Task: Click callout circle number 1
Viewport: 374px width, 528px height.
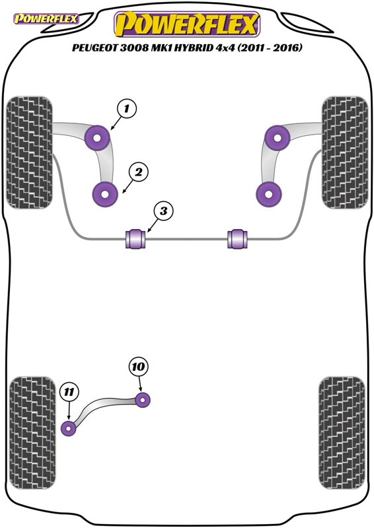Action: pos(126,109)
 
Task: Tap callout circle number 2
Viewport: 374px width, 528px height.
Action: pos(138,172)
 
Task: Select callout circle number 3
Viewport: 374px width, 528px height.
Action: pos(164,211)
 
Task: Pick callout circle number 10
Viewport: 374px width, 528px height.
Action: pos(138,366)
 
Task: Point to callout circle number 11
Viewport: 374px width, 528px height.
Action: pos(69,392)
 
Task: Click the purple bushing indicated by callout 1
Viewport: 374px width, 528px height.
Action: pos(97,138)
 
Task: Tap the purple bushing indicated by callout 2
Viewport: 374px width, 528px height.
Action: pos(105,194)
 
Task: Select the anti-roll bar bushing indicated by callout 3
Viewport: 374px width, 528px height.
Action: pos(135,239)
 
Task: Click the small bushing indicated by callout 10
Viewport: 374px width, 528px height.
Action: pos(142,400)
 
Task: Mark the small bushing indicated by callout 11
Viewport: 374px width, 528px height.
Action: pos(69,428)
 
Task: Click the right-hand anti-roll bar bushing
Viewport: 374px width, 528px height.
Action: pos(237,239)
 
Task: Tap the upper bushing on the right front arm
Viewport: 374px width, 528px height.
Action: pos(278,138)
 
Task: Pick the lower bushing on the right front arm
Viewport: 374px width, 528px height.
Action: pos(269,194)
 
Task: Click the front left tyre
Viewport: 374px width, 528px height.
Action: pos(30,152)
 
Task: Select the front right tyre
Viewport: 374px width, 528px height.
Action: pos(345,152)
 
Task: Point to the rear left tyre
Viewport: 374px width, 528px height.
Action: pos(32,433)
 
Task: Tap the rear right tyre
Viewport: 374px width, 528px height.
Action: pos(342,433)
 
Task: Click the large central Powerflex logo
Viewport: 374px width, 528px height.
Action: pos(187,24)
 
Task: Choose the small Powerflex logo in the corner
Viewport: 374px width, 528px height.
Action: pos(46,18)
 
